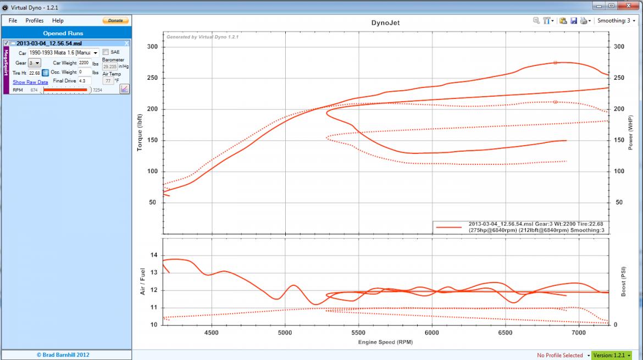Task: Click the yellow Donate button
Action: (x=115, y=20)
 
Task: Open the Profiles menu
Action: (x=34, y=20)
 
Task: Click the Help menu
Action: (x=58, y=20)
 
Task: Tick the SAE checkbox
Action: (x=106, y=52)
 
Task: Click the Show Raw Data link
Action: (x=30, y=82)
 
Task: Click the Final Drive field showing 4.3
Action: (x=84, y=81)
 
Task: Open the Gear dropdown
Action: (x=35, y=63)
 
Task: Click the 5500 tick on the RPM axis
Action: (x=358, y=333)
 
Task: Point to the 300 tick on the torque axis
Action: (x=152, y=47)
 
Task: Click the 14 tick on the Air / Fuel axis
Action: (x=154, y=255)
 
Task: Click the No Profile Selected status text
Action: (x=560, y=356)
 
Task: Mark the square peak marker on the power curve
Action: (x=555, y=63)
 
